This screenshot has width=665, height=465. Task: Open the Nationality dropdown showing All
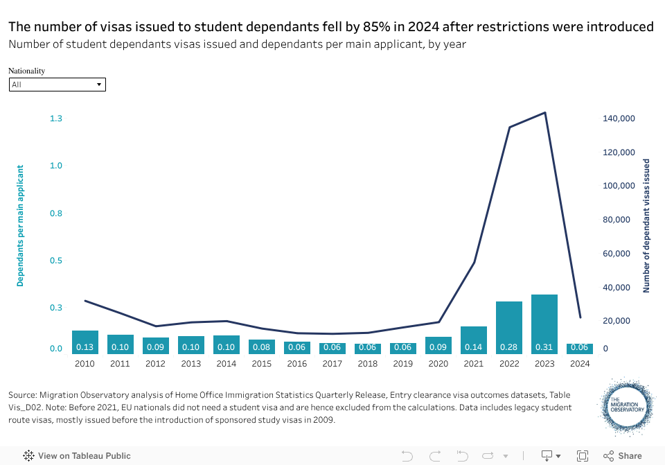coord(57,85)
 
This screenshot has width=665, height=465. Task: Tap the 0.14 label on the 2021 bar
coord(474,347)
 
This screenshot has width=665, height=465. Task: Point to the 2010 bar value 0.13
coord(85,347)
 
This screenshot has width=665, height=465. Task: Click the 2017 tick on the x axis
coord(332,363)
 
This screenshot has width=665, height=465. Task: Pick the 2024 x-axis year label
coord(580,363)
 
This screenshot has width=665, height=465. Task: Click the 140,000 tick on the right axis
coord(619,119)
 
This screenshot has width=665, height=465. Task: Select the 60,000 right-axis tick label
coord(619,254)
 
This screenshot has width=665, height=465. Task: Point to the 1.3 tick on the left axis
coord(56,119)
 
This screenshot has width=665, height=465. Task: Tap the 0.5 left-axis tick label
coord(56,261)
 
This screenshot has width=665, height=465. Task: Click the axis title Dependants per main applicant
coord(21,225)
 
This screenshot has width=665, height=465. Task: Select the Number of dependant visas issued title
coord(646,225)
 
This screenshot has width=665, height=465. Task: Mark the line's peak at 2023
coord(545,112)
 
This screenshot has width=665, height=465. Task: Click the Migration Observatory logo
coord(628,408)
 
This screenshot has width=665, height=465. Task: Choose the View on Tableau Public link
coord(77,456)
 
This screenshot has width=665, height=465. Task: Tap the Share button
coord(623,456)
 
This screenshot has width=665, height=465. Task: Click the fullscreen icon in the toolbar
coord(583,456)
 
